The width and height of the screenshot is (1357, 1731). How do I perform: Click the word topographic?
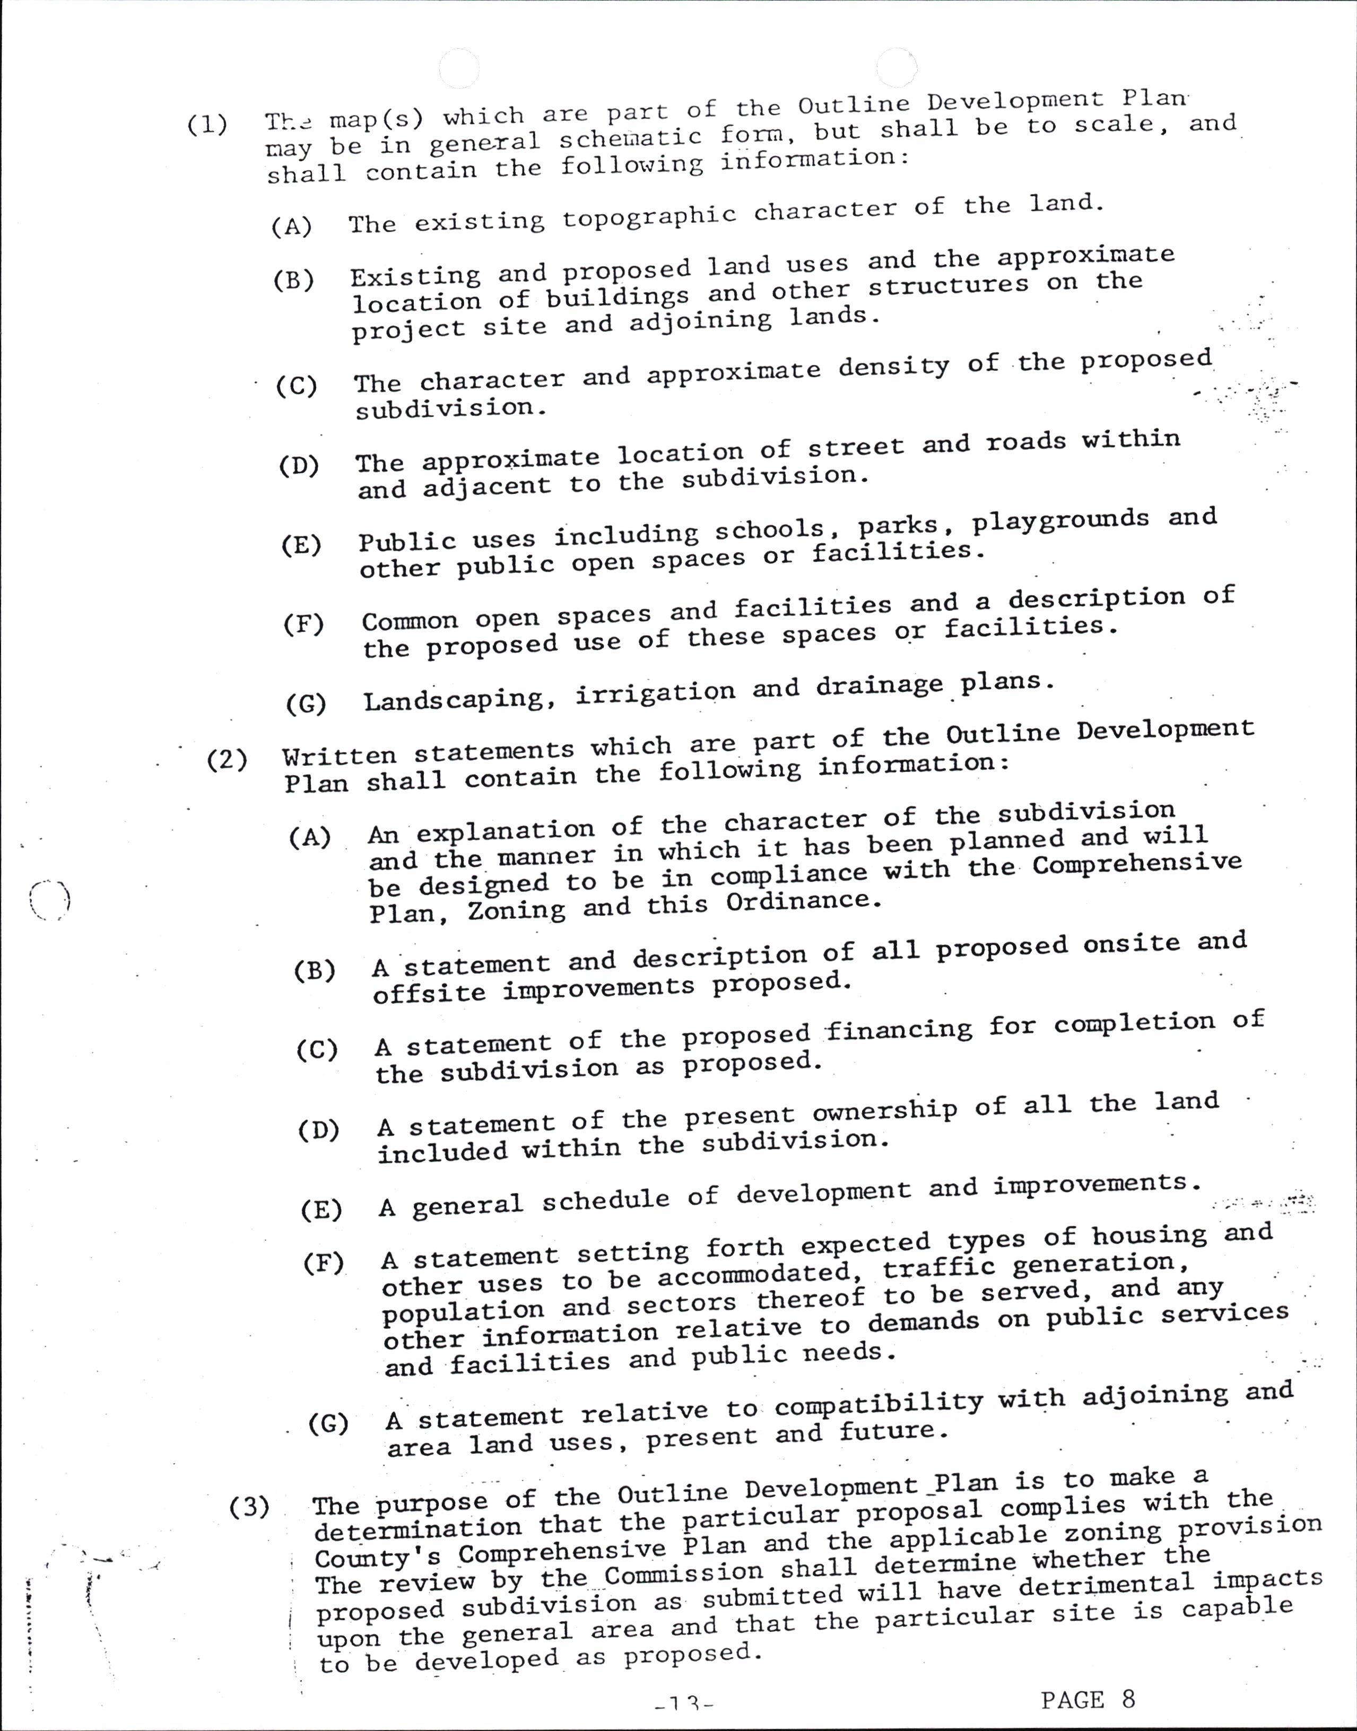click(x=649, y=216)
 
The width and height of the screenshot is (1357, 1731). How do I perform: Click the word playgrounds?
click(x=1062, y=521)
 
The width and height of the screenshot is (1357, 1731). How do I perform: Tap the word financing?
click(x=899, y=1030)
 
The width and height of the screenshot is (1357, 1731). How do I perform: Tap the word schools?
click(x=770, y=530)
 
